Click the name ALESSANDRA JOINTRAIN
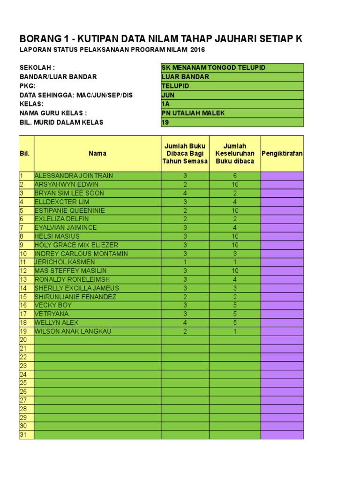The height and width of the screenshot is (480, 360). click(x=74, y=176)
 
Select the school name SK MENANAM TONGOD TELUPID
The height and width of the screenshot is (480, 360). click(x=213, y=67)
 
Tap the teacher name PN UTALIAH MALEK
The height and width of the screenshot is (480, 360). click(x=193, y=113)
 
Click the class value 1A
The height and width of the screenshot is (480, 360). click(x=165, y=104)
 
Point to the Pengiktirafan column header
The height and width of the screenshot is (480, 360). click(x=282, y=153)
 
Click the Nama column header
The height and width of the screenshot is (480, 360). click(x=97, y=153)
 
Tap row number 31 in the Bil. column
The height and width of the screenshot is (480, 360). click(x=23, y=435)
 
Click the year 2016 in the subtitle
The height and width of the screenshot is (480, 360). click(x=197, y=50)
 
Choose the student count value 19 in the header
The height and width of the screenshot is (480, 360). click(x=165, y=122)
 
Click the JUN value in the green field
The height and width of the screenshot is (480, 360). click(x=168, y=95)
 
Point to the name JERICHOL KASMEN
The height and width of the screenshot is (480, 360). click(x=65, y=262)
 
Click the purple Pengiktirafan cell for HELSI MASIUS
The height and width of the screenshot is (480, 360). click(x=282, y=236)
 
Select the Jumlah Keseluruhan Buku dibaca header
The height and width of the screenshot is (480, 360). click(x=235, y=153)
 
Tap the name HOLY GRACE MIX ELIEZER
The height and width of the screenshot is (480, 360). click(x=76, y=245)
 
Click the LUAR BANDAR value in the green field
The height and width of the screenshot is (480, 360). click(x=185, y=77)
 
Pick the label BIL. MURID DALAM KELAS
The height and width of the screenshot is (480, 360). click(x=61, y=122)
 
